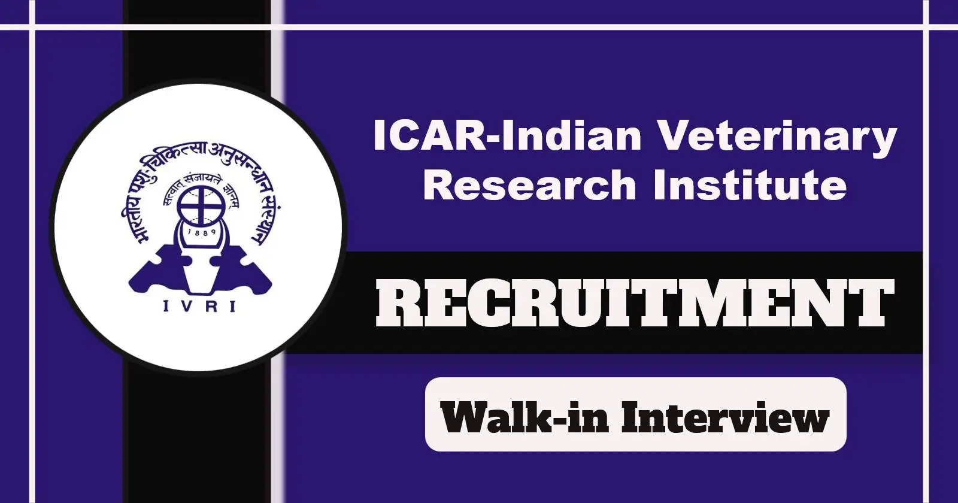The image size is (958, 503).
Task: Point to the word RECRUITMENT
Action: click(x=635, y=303)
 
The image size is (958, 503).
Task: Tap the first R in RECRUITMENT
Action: click(x=399, y=303)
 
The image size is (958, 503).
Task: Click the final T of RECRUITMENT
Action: click(x=872, y=303)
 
